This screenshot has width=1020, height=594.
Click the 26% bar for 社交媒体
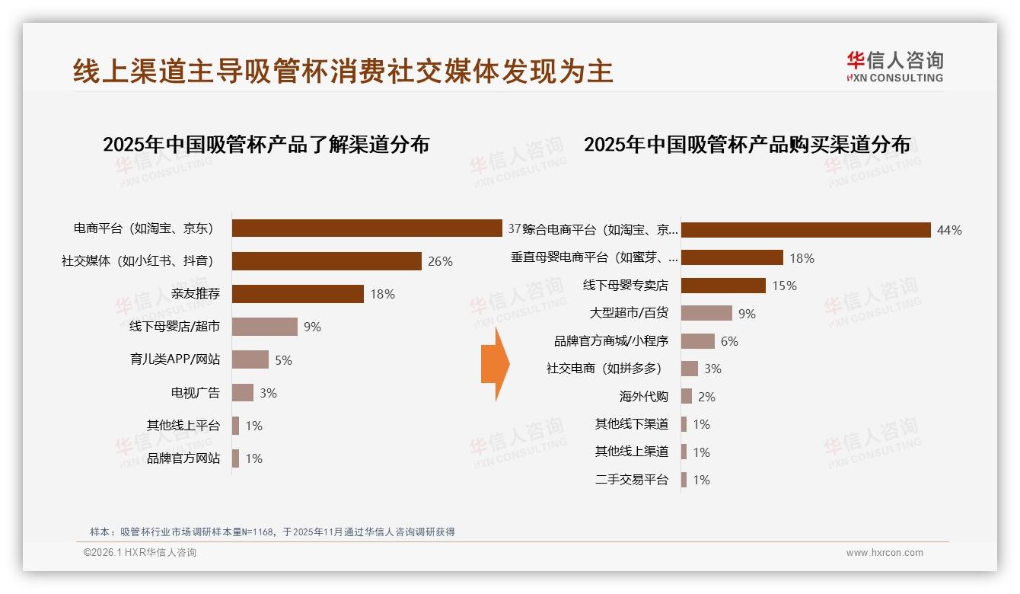pos(327,261)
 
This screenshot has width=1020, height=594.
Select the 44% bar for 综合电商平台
pos(805,230)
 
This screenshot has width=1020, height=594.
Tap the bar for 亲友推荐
pos(298,294)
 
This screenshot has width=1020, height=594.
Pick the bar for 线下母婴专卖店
pos(723,286)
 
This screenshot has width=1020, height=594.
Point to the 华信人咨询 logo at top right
pos(894,66)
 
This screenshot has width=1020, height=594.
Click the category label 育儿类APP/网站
pos(175,359)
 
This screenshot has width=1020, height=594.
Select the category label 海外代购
pos(643,397)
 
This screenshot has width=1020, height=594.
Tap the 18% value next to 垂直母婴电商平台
pos(802,258)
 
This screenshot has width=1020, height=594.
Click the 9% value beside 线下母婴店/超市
pos(312,327)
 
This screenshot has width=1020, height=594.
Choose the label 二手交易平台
pos(631,480)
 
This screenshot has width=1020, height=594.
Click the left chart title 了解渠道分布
pos(266,144)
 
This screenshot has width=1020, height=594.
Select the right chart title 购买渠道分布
pos(747,144)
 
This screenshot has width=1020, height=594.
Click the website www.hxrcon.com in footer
pos(885,553)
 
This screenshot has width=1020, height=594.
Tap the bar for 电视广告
pos(243,393)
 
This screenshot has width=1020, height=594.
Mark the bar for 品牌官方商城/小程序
pos(697,341)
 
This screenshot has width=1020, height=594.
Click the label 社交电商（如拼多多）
pos(604,369)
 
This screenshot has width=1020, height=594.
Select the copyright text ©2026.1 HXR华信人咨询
pos(140,553)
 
